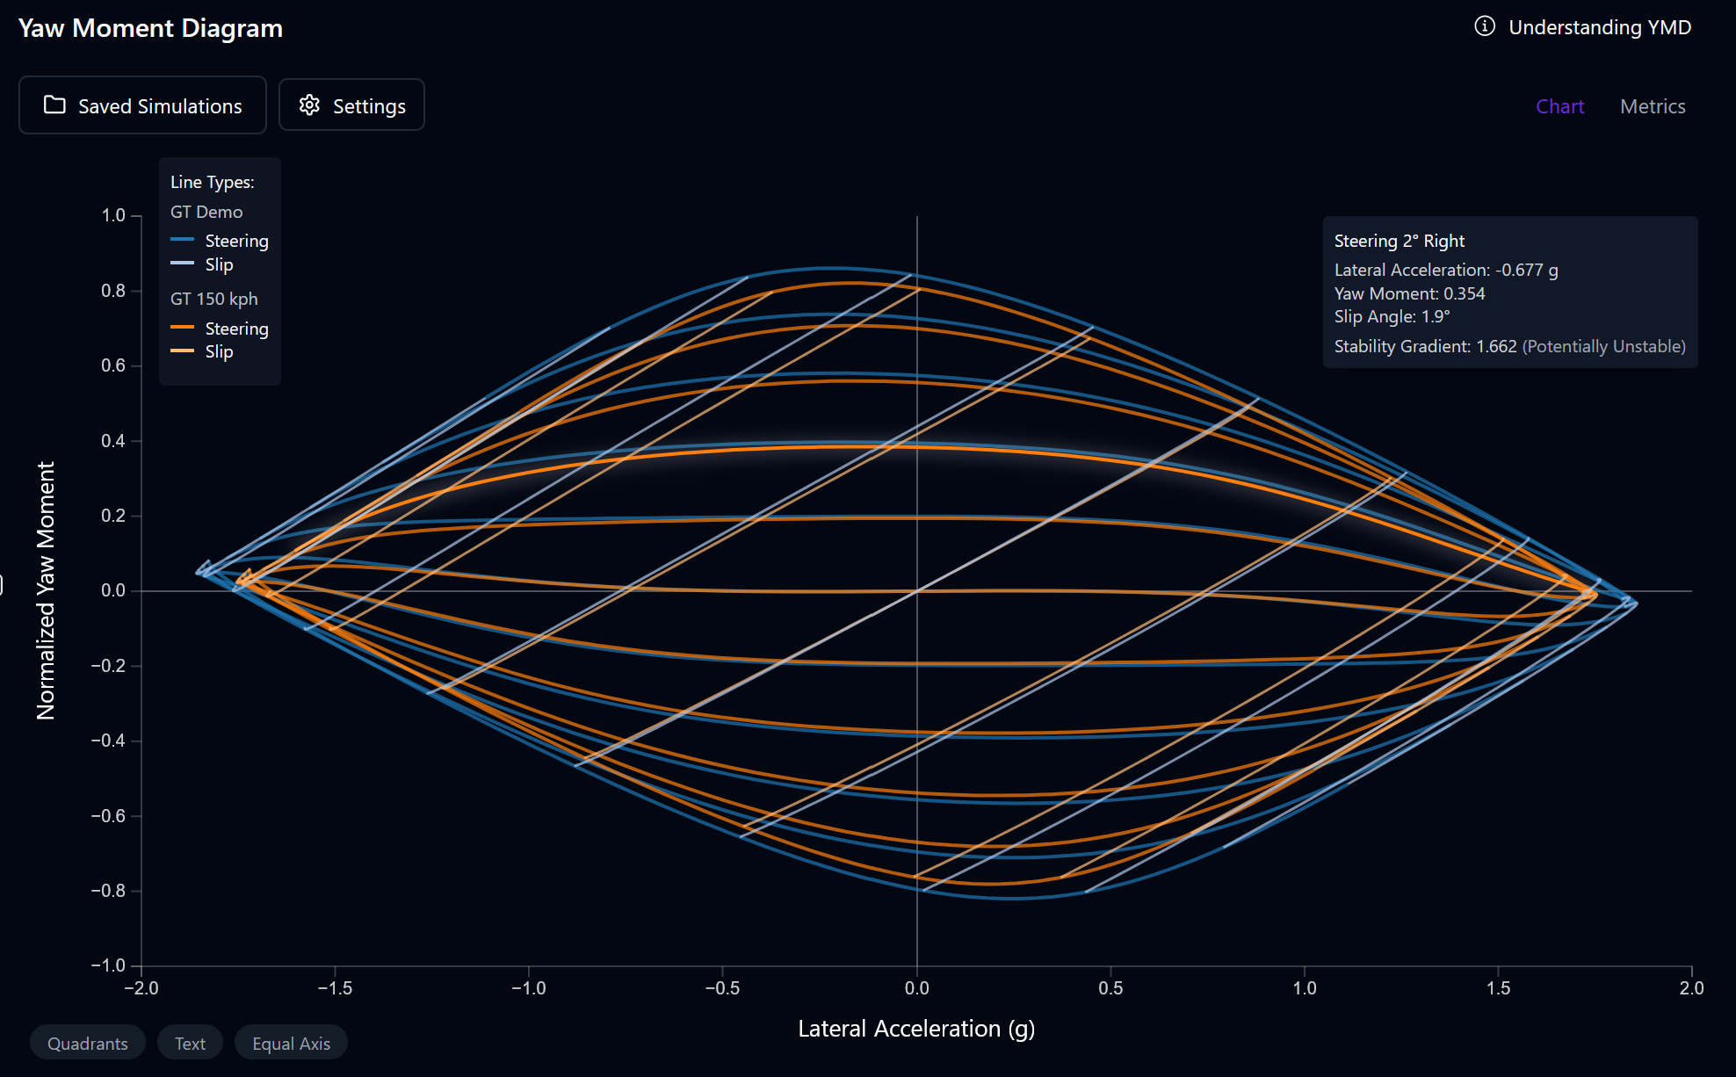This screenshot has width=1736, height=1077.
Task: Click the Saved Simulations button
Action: click(x=142, y=105)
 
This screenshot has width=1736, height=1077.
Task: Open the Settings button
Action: click(x=351, y=105)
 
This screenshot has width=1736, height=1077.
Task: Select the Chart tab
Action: click(x=1559, y=106)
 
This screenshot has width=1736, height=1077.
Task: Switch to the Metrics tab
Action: click(x=1652, y=106)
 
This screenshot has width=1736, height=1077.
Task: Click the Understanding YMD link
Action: click(x=1599, y=27)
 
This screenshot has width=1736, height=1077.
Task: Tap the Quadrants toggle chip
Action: click(x=87, y=1043)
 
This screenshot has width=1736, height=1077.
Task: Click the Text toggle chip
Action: click(x=190, y=1043)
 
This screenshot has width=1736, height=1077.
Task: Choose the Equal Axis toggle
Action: click(x=291, y=1043)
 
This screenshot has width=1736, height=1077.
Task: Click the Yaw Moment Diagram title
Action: click(x=150, y=28)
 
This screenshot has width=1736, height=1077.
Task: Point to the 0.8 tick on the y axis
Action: click(x=113, y=291)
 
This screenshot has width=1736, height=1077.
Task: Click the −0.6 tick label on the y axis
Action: click(x=108, y=816)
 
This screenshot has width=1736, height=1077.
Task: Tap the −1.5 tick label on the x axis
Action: click(x=335, y=988)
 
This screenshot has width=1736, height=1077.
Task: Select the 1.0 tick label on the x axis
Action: click(x=1305, y=988)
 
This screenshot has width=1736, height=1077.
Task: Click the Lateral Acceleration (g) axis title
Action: click(x=916, y=1029)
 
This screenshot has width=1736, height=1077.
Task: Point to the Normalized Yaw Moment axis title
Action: click(x=46, y=590)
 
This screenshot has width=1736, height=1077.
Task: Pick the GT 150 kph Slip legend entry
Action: click(x=219, y=351)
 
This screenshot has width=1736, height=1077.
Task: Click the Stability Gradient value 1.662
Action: click(x=1496, y=346)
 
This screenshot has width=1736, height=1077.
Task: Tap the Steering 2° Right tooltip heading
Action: click(x=1399, y=241)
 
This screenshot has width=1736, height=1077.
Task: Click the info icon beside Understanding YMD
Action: click(x=1484, y=26)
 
